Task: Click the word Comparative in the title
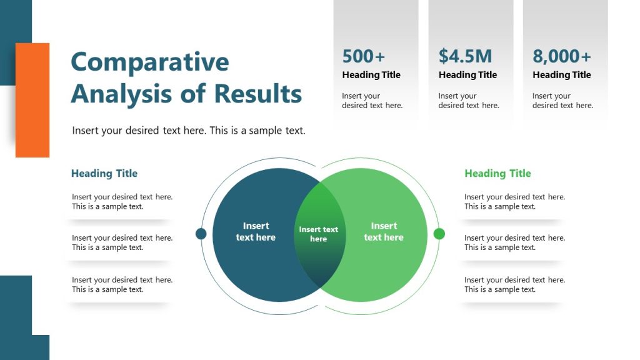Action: [150, 62]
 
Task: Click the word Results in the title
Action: [258, 94]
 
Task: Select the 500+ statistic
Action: [364, 56]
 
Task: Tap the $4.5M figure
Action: [465, 56]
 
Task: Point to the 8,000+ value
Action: [561, 56]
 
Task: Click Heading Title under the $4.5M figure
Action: [467, 75]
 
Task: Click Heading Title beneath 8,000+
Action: [561, 75]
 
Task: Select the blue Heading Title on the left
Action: [104, 174]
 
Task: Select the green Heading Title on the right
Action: [497, 174]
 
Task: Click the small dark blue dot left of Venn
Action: [201, 234]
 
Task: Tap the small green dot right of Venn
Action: [439, 234]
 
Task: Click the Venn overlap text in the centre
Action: [319, 234]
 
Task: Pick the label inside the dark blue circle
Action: [256, 232]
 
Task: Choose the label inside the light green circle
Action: [384, 232]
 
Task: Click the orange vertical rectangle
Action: [32, 100]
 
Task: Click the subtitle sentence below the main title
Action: [189, 131]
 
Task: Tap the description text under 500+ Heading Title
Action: [372, 101]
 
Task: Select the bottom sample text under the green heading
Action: [514, 284]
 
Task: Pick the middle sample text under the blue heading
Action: [122, 242]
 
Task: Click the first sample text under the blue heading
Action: [122, 201]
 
